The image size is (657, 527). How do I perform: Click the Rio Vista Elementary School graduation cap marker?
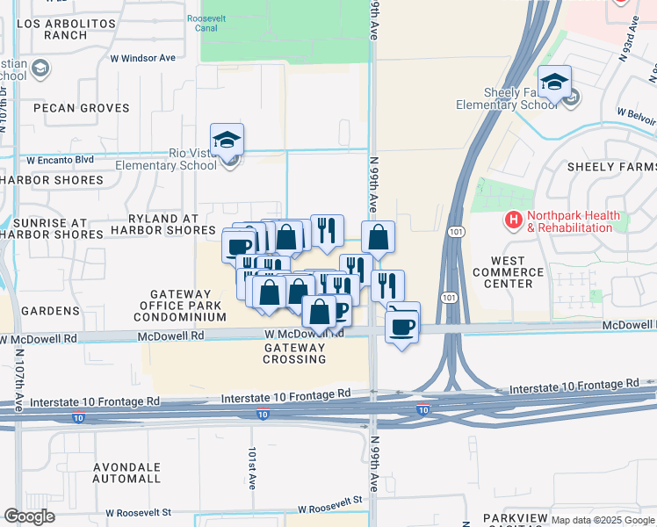click(x=227, y=141)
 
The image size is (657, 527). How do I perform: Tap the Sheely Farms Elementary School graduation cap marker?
click(x=554, y=83)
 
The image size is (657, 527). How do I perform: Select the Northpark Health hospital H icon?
click(x=512, y=220)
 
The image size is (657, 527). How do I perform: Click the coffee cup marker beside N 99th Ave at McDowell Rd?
click(x=403, y=327)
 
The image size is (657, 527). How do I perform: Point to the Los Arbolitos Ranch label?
click(x=53, y=29)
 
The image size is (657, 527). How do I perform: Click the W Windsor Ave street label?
click(x=142, y=58)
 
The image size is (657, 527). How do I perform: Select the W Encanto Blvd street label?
click(x=60, y=161)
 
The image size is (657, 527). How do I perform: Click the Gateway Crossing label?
click(x=295, y=353)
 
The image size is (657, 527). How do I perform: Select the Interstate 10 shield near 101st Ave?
click(x=262, y=414)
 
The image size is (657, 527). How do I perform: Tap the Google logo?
click(x=29, y=516)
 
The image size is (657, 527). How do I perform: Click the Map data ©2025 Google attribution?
click(x=602, y=520)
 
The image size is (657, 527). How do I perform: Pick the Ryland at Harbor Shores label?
click(x=159, y=224)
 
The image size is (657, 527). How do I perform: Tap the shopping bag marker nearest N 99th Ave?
click(x=378, y=237)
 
